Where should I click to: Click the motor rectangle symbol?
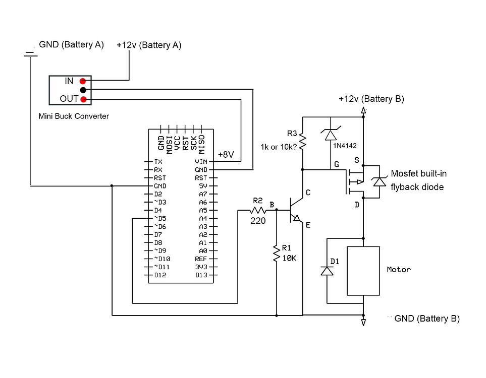(363, 271)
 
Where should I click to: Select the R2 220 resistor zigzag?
(258, 210)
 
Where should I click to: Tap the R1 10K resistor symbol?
(277, 253)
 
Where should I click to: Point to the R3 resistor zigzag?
(302, 142)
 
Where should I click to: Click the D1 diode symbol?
(328, 271)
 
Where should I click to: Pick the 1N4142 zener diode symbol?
(331, 134)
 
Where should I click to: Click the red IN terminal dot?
(83, 81)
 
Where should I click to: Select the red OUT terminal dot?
(83, 99)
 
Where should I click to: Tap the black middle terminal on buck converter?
(83, 90)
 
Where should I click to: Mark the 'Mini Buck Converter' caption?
(74, 116)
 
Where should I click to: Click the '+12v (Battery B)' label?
(371, 99)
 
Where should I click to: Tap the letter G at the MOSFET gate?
(337, 164)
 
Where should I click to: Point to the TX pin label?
(158, 162)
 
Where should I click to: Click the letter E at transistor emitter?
(308, 225)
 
